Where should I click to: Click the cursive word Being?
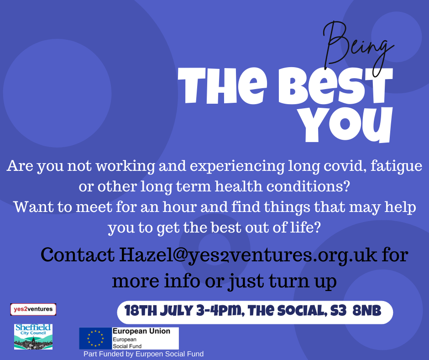[x=356, y=48]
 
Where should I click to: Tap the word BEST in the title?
[x=336, y=86]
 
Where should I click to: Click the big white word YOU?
[x=345, y=125]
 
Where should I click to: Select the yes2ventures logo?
[x=33, y=309]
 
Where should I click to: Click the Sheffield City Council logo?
[x=33, y=336]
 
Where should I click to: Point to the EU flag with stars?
[x=95, y=339]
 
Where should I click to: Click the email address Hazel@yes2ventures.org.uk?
[x=248, y=255]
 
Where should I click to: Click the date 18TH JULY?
[x=159, y=311]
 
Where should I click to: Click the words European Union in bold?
[x=141, y=331]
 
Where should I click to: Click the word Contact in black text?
[x=78, y=255]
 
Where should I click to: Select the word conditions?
[x=308, y=186]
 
